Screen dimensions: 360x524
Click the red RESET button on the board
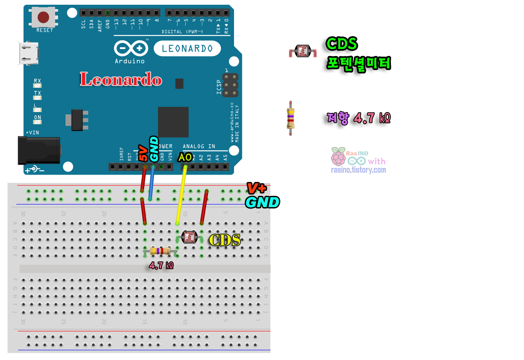pyautogui.click(x=43, y=17)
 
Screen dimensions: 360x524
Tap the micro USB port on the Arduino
pyautogui.click(x=29, y=53)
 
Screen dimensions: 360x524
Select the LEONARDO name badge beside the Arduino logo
pyautogui.click(x=187, y=48)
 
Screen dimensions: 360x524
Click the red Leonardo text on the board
pyautogui.click(x=121, y=79)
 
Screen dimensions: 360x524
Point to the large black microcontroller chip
pyautogui.click(x=173, y=122)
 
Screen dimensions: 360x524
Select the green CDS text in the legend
pyautogui.click(x=342, y=44)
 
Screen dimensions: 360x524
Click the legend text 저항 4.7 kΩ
pyautogui.click(x=359, y=118)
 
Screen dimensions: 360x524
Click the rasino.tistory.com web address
pyautogui.click(x=358, y=170)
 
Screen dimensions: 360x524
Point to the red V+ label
pyautogui.click(x=256, y=188)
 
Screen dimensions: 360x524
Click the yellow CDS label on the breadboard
pyautogui.click(x=224, y=240)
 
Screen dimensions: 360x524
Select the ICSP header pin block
pyautogui.click(x=231, y=85)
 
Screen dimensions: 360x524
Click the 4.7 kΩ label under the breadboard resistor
pyautogui.click(x=161, y=265)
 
